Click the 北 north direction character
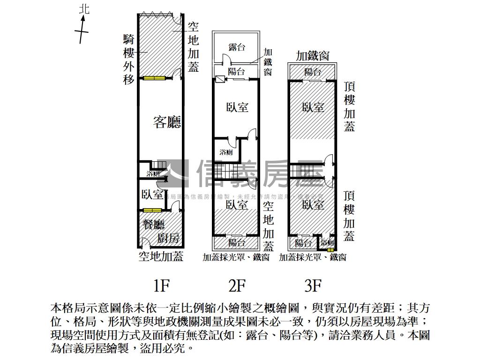tap(84, 9)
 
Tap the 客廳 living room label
tap(167, 122)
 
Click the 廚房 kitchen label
tap(169, 238)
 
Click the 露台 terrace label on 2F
tap(237, 47)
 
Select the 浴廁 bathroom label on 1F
tap(152, 174)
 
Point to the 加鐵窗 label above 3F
tap(312, 56)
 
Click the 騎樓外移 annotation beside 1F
tap(129, 59)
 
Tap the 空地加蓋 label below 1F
tap(161, 256)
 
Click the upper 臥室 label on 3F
tap(313, 107)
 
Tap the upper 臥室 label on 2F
tap(237, 107)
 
